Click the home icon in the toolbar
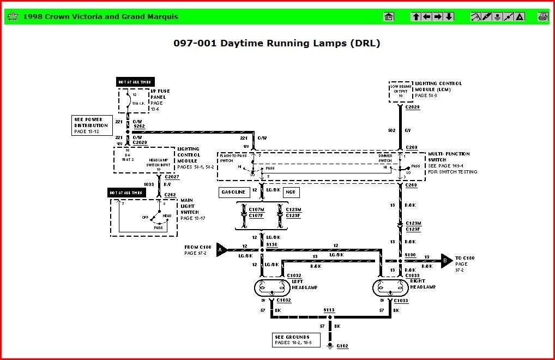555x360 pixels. tap(389, 16)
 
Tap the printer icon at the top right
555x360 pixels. tap(542, 16)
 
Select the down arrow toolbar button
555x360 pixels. tap(449, 16)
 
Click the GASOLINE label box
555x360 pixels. tap(234, 192)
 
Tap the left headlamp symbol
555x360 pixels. tap(272, 287)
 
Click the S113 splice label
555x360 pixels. tap(329, 310)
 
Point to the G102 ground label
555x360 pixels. tap(342, 346)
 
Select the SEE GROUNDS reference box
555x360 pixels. tap(293, 340)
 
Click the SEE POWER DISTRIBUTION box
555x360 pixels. tap(92, 125)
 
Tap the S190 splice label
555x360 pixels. tap(410, 255)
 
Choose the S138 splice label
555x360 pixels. tap(272, 244)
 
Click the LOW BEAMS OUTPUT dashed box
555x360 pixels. tap(401, 91)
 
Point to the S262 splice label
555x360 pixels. tap(139, 126)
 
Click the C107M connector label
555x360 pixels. tap(256, 209)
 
